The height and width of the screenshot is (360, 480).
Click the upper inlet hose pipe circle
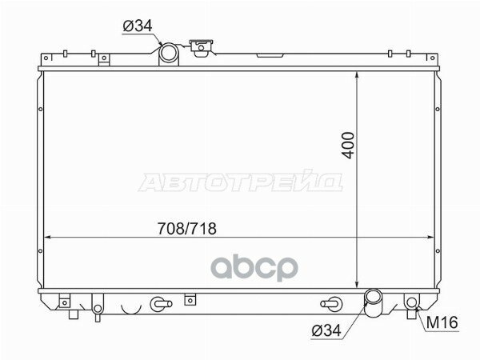click(x=169, y=54)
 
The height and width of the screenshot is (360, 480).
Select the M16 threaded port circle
click(x=412, y=302)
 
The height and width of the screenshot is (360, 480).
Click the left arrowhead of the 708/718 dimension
click(x=47, y=238)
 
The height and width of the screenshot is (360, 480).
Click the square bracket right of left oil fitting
click(x=189, y=301)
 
